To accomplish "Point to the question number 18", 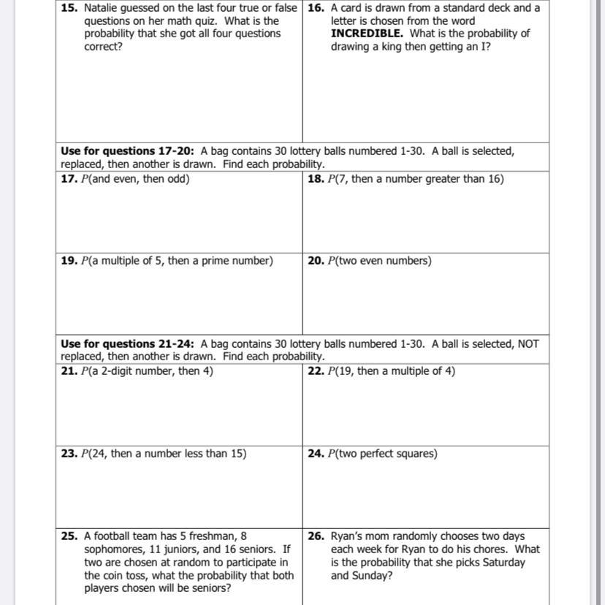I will click(316, 179).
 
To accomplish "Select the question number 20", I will click(316, 261).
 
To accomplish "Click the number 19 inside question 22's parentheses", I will click(343, 371).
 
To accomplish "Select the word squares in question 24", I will click(414, 454).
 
